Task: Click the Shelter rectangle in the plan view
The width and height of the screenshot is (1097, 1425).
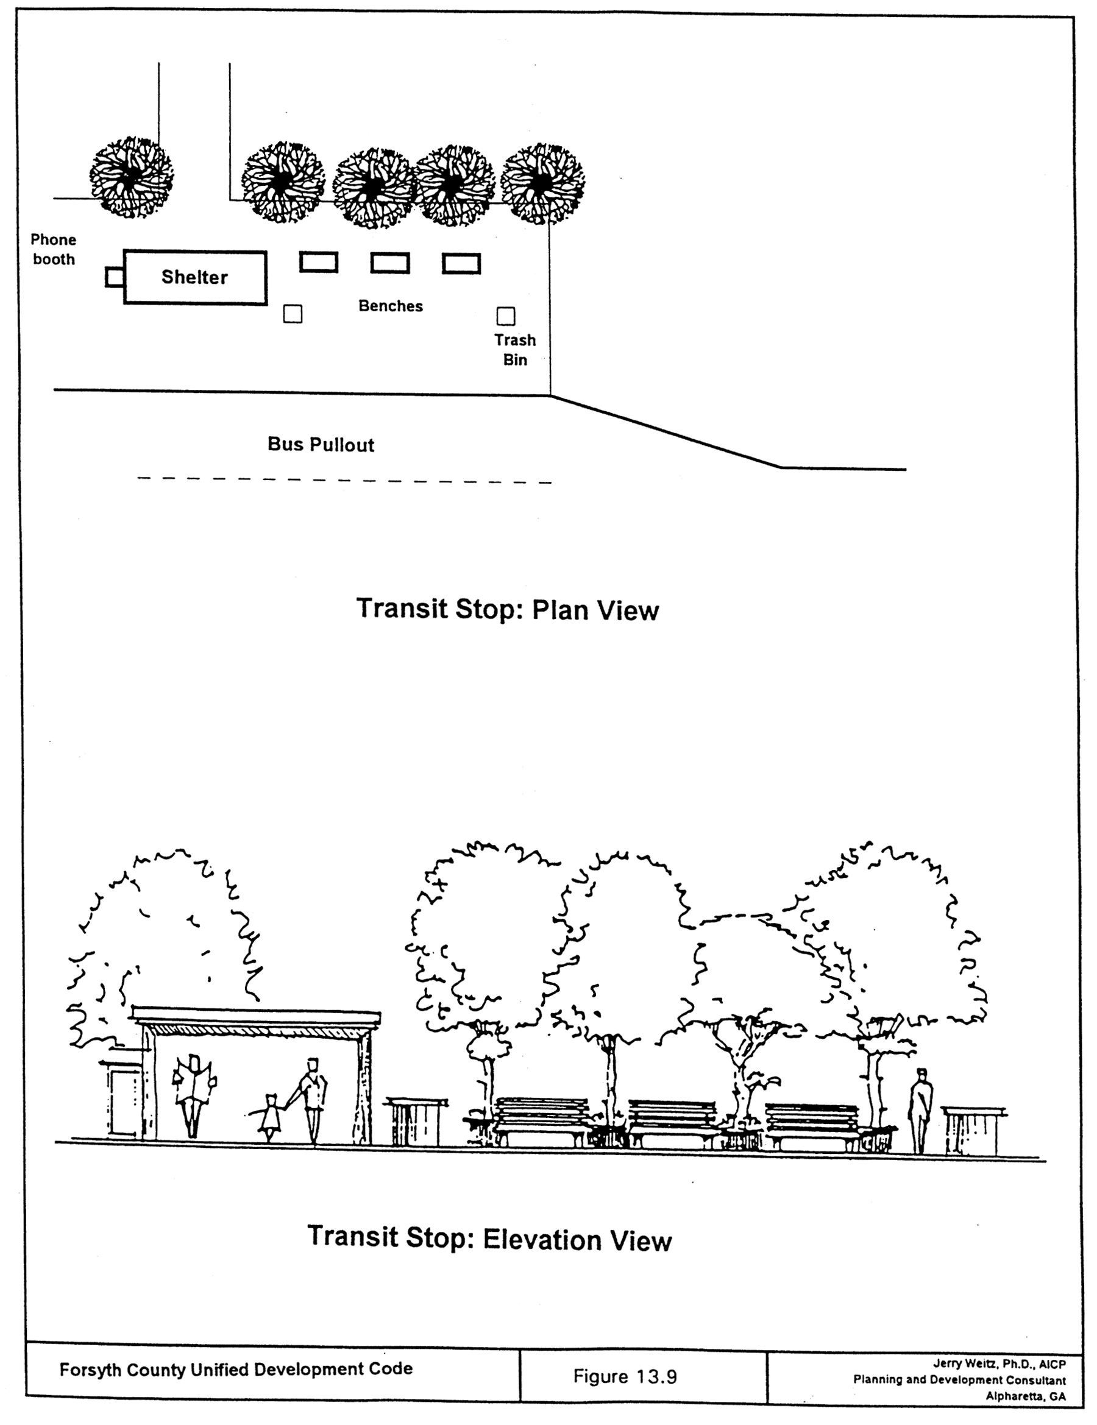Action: point(195,277)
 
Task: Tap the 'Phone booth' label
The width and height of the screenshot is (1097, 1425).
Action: point(54,250)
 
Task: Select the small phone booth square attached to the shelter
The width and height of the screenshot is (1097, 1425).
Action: point(114,277)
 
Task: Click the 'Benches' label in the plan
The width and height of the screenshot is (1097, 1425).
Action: point(390,306)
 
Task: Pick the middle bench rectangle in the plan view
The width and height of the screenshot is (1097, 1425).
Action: point(390,263)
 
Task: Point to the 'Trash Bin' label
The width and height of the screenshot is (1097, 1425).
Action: point(515,350)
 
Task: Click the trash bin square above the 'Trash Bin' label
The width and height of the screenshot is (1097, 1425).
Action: point(506,316)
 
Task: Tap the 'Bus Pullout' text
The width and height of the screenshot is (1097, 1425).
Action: point(321,445)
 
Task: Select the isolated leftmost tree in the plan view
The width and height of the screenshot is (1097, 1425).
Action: point(131,177)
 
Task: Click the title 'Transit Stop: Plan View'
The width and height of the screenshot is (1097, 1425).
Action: point(507,609)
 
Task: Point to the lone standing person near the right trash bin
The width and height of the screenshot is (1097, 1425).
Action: point(921,1110)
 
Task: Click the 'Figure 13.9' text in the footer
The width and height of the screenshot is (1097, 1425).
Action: point(625,1377)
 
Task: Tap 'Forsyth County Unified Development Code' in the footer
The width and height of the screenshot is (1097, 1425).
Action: point(236,1369)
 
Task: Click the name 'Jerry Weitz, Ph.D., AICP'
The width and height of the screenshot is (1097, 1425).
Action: point(999,1363)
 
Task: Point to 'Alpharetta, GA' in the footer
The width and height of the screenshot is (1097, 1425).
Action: point(1025,1396)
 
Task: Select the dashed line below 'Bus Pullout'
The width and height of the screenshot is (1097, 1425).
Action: point(344,480)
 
